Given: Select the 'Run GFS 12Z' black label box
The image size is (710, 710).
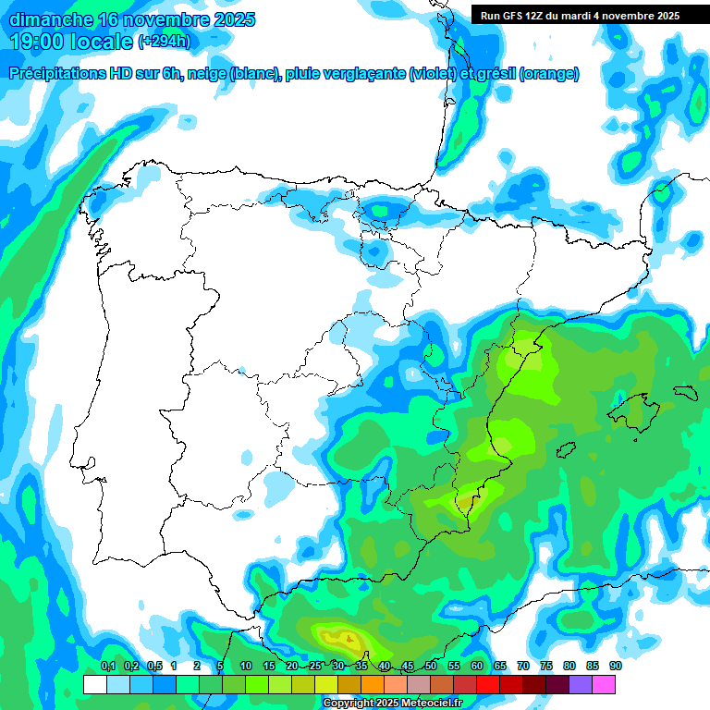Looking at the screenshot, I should tap(580, 15).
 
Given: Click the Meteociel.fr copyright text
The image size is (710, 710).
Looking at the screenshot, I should tap(392, 704).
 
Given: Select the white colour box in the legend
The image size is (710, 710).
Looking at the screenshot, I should tap(94, 684).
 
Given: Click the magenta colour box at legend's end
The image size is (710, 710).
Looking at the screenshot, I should tap(604, 684).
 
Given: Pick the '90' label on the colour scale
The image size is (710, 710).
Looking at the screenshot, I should tap(615, 666).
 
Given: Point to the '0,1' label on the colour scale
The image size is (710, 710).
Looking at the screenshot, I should tap(107, 666).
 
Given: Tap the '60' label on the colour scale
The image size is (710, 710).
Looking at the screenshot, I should tap(477, 666).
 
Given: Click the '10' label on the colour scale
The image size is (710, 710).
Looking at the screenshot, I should tap(245, 666).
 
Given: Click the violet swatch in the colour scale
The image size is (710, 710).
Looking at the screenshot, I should tap(581, 684).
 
